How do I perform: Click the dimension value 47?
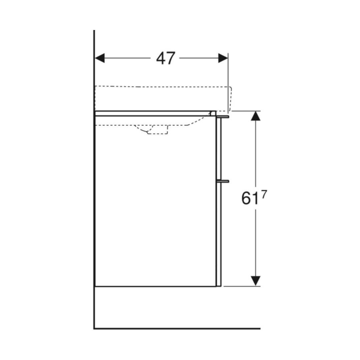tap(166, 58)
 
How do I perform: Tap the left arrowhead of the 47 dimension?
tap(100, 58)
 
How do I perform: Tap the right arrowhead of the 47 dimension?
tap(223, 58)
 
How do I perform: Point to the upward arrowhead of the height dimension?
tap(256, 116)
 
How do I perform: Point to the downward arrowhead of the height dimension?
tap(256, 281)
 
